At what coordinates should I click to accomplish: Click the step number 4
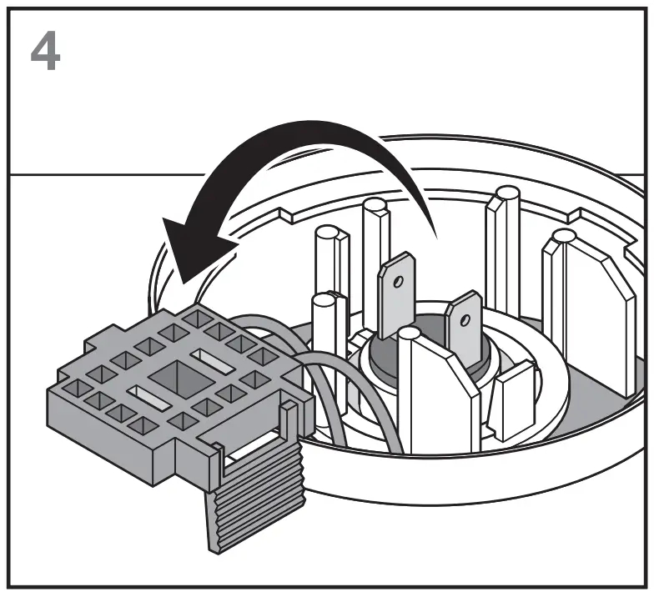[45, 52]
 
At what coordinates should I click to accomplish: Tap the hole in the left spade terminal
[399, 282]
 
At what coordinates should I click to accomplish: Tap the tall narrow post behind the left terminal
[375, 250]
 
